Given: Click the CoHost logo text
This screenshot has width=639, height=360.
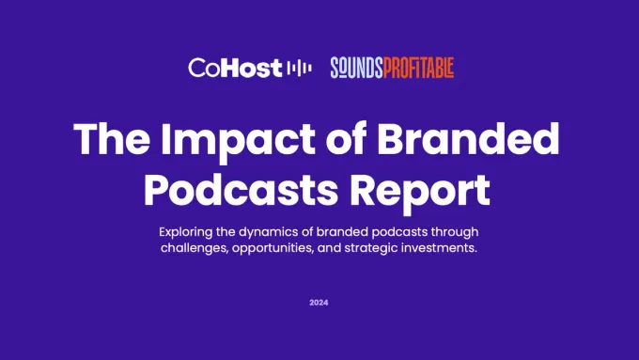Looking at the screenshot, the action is coord(235,68).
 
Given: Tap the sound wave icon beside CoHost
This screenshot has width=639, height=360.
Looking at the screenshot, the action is coord(300,68).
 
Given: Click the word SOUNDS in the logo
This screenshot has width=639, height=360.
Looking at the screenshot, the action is coord(356,68).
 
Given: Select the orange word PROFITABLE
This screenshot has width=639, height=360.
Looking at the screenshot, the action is coord(418,68).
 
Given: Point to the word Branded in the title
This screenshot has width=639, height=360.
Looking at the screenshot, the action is coord(468,138).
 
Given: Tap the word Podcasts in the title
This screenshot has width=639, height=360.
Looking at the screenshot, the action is coord(241,189).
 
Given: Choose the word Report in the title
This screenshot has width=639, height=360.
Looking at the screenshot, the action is coord(420,192).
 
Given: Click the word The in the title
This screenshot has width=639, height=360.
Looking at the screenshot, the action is coord(112,138).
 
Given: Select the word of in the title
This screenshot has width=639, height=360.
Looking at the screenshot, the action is coord(346,138).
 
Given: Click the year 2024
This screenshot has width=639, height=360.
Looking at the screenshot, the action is coord(319,303).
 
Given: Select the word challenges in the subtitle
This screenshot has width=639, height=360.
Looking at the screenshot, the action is coord(195,248).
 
